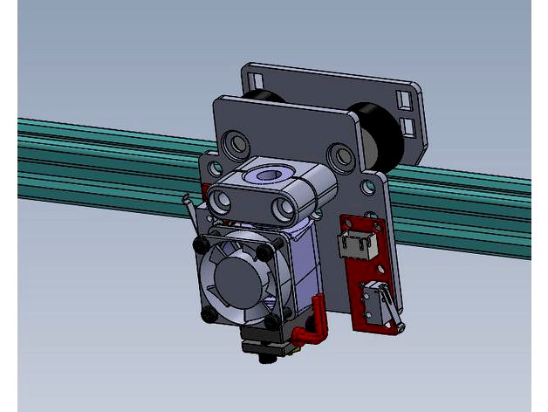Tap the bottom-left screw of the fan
point(209,315)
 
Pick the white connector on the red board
point(355,245)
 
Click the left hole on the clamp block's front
point(222,203)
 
